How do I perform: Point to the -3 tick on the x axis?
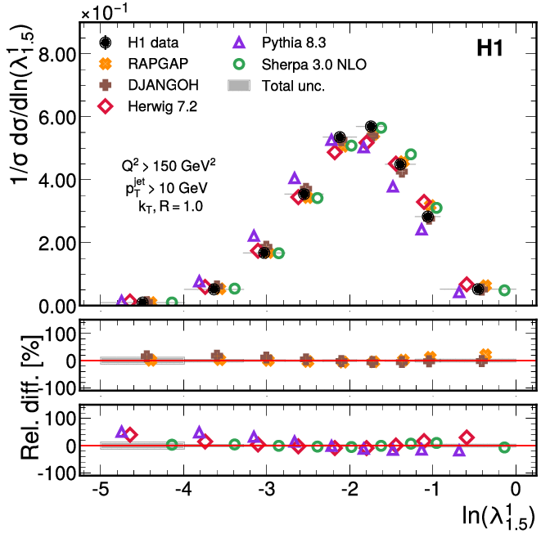[266, 489]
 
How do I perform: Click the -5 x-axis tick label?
[99, 489]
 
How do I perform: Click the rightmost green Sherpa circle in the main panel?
[505, 290]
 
